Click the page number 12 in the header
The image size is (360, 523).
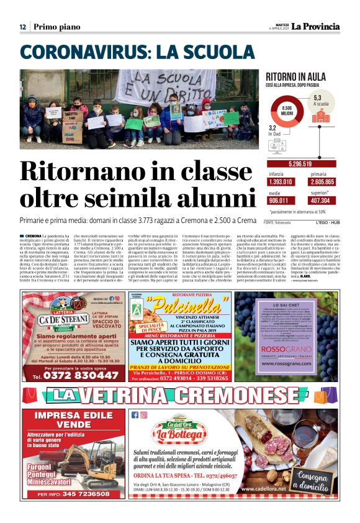pyautogui.click(x=22, y=27)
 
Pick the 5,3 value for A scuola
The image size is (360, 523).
pyautogui.click(x=318, y=98)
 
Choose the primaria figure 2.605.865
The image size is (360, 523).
pyautogui.click(x=322, y=182)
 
